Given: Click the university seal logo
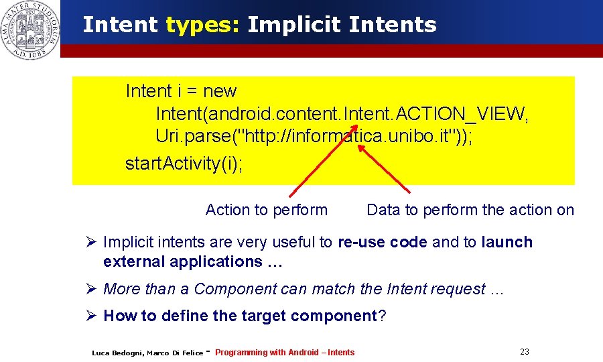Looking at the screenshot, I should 30,29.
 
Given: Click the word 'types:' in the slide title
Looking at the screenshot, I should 202,25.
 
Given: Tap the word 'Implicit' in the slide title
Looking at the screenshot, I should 293,25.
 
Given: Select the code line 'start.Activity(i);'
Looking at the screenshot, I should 184,164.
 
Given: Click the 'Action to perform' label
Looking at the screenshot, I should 267,210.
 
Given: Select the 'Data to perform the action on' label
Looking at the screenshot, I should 470,210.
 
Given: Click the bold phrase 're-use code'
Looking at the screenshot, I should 383,242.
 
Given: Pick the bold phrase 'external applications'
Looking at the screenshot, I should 182,261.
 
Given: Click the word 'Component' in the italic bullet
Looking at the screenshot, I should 232,289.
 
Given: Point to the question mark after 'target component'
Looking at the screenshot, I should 383,316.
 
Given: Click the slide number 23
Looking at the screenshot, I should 524,352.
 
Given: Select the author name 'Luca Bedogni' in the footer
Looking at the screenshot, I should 115,353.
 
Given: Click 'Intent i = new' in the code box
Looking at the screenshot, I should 181,91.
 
